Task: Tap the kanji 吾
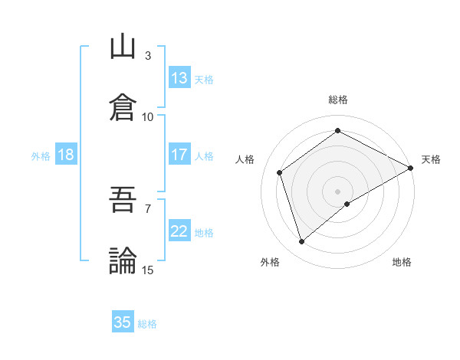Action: (123, 201)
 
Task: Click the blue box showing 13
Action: (179, 78)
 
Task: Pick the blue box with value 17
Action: (179, 155)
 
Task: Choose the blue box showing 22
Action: (179, 231)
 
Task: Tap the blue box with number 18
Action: (65, 155)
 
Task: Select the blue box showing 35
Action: (123, 322)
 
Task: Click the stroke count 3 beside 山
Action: (148, 56)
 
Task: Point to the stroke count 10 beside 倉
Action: (148, 117)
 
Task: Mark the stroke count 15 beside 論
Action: (148, 270)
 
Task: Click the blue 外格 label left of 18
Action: (41, 156)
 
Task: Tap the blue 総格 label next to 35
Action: (147, 324)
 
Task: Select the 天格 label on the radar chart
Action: (431, 159)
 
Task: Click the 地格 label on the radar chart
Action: (402, 262)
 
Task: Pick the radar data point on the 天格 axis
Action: (412, 167)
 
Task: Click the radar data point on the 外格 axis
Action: (301, 242)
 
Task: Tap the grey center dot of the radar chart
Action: (338, 191)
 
